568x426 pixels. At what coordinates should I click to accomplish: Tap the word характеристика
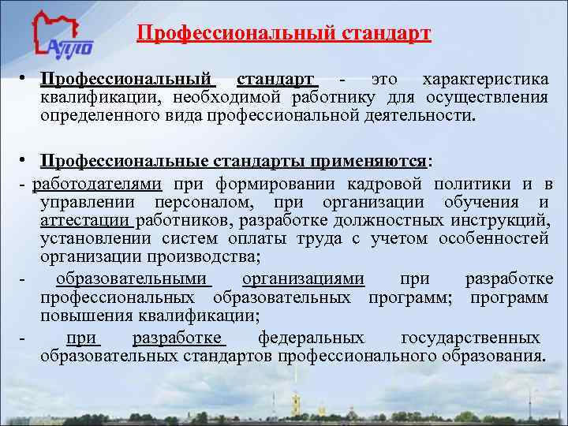coord(485,80)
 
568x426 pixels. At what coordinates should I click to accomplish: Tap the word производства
coord(207,256)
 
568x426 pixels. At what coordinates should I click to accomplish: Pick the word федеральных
coord(312,338)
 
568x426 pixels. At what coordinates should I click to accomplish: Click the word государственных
coord(471,338)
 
